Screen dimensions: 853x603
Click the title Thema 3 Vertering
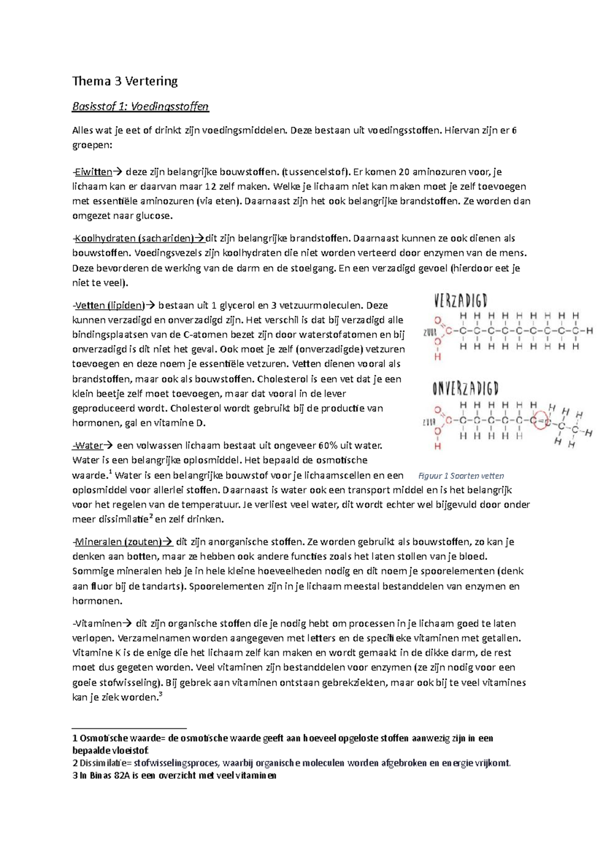[x=125, y=81]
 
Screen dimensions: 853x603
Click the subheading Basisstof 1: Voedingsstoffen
[x=140, y=106]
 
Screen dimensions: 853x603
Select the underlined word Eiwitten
[x=93, y=172]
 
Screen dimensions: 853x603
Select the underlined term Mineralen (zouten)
[x=118, y=542]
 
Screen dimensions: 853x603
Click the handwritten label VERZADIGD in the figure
[x=460, y=301]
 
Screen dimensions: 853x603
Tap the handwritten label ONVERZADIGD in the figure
[x=465, y=388]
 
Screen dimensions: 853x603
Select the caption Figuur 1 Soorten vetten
[x=461, y=476]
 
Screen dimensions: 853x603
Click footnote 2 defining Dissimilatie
[x=291, y=763]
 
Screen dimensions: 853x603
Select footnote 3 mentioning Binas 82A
[x=174, y=775]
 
